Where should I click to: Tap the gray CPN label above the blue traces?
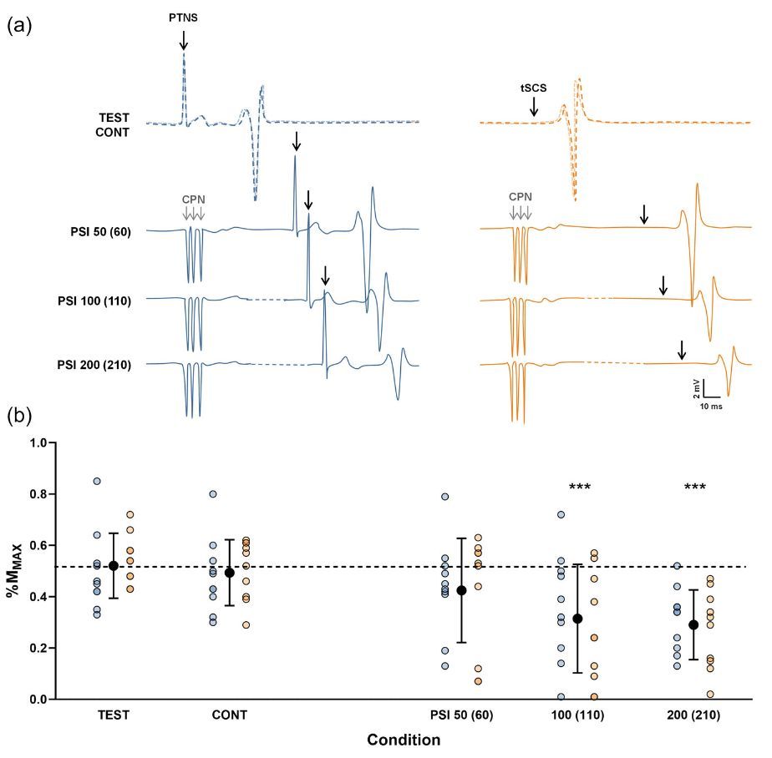coord(193,200)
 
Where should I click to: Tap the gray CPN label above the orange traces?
coord(521,200)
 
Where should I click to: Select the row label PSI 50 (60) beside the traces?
coord(100,230)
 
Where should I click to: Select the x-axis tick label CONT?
coord(230,715)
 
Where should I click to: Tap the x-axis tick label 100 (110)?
coord(577,715)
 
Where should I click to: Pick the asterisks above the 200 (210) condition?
coord(694,488)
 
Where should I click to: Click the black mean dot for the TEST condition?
coord(114,566)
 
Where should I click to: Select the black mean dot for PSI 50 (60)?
coord(460,590)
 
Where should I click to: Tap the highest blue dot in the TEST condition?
coord(97,482)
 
